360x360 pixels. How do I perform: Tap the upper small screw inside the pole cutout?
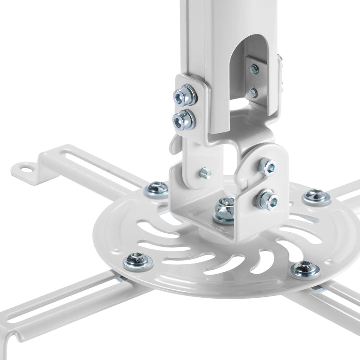point(254,70)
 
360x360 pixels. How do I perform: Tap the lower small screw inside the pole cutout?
point(254,92)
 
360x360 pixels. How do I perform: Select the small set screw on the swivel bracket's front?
point(206,173)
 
